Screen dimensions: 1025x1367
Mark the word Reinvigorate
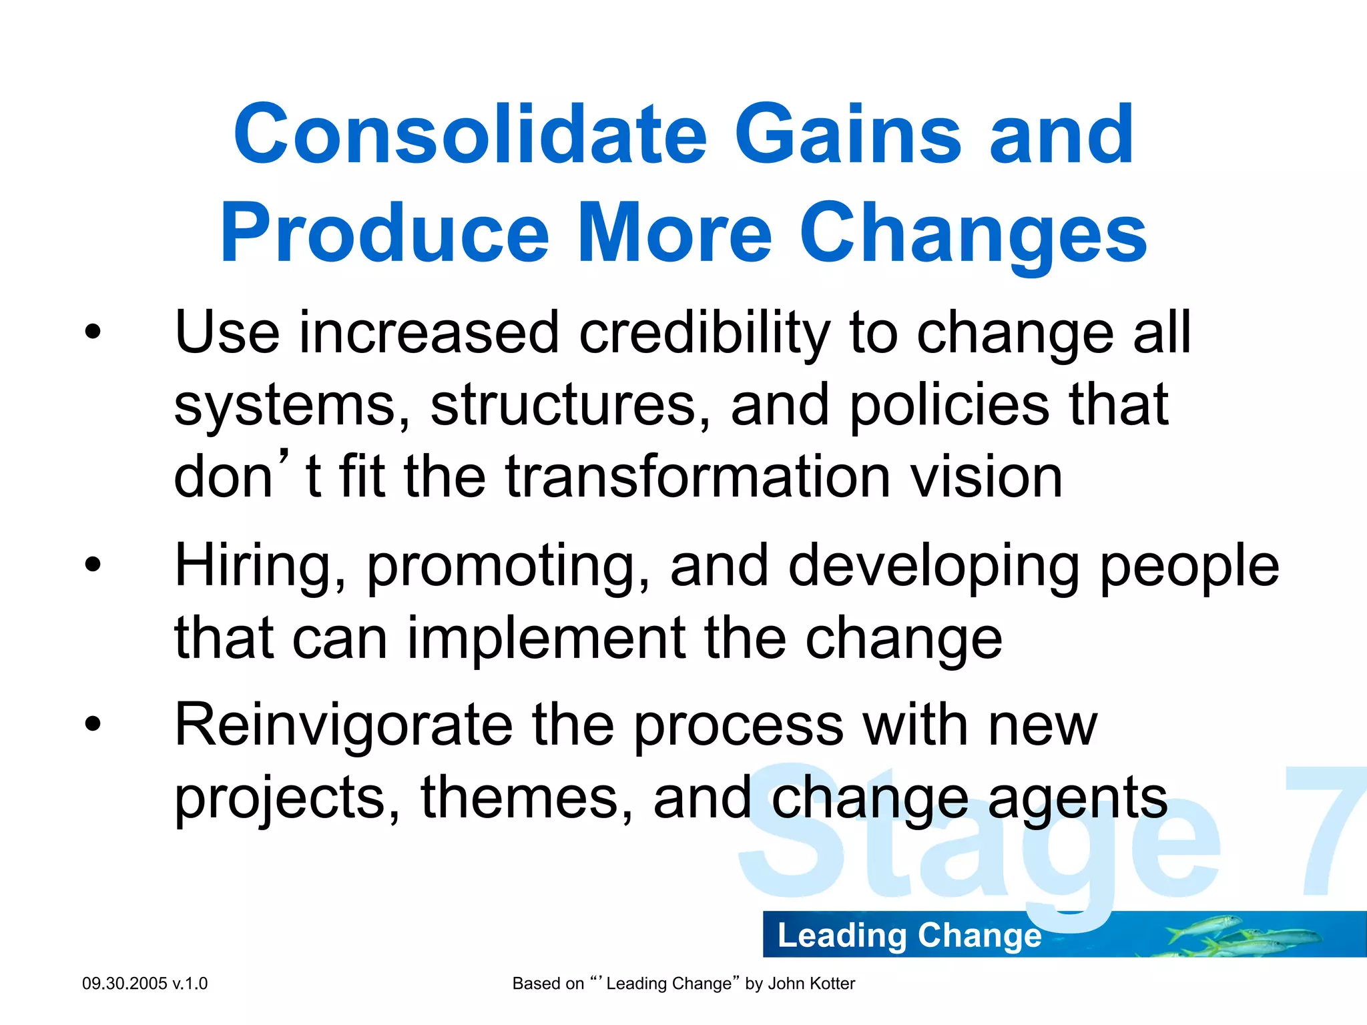344,725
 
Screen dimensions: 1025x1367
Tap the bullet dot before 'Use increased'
93,332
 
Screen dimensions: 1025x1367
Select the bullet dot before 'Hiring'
93,565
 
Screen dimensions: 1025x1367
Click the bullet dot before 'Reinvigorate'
93,723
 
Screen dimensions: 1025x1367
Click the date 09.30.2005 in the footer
124,984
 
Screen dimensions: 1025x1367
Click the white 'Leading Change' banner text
909,936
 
